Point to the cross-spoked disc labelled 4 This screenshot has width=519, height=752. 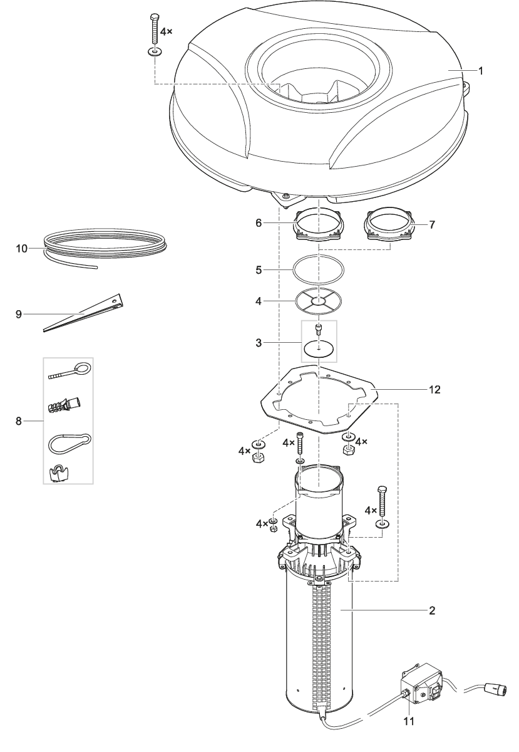[x=319, y=302]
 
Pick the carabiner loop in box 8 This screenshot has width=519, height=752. [x=69, y=443]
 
